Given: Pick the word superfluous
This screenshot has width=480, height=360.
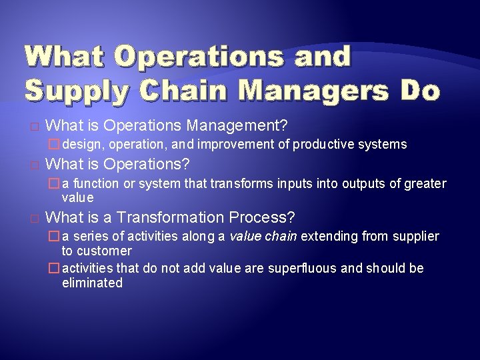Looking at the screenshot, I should click(x=304, y=269).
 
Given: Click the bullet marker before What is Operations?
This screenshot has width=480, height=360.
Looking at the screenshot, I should click(x=35, y=165).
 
